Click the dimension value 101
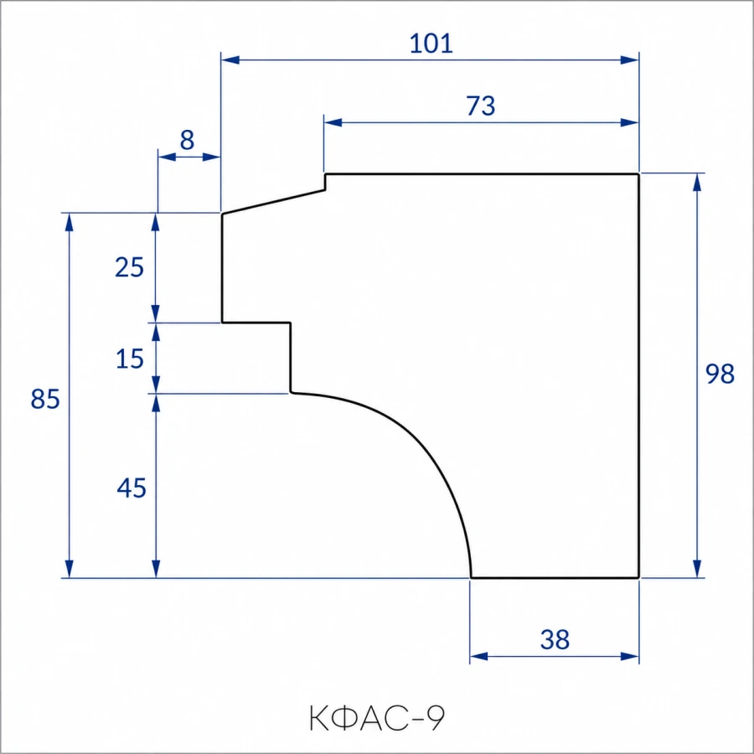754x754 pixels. [x=431, y=44]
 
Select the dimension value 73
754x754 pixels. [x=480, y=106]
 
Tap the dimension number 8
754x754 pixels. [x=187, y=140]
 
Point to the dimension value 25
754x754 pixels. [x=129, y=267]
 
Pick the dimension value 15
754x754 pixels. [x=130, y=359]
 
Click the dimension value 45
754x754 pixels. [x=132, y=488]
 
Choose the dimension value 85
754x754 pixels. [x=45, y=399]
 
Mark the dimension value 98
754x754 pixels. [x=720, y=374]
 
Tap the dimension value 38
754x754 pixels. [x=555, y=639]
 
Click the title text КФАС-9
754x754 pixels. [x=377, y=719]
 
